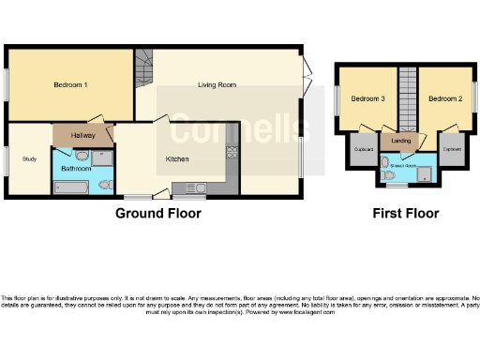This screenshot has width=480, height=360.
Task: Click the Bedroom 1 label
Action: click(x=71, y=85)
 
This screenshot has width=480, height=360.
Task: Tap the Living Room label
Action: click(x=217, y=85)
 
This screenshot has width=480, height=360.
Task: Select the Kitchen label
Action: click(x=178, y=158)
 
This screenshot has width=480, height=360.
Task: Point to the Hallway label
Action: click(x=83, y=136)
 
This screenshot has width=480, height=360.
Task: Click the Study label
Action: click(x=29, y=158)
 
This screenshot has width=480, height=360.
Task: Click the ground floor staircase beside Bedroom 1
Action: click(x=143, y=67)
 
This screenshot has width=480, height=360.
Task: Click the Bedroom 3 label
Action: click(x=367, y=98)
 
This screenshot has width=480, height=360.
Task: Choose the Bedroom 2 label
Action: click(x=445, y=98)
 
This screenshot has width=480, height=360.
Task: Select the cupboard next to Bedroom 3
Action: click(x=362, y=150)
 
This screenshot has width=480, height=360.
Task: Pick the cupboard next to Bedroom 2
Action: click(x=452, y=150)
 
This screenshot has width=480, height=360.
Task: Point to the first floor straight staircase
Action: click(x=407, y=98)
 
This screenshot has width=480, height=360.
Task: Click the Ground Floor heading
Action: click(x=157, y=213)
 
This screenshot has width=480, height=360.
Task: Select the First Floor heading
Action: click(x=406, y=213)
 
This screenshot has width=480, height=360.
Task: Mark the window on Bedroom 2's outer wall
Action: click(x=475, y=97)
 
